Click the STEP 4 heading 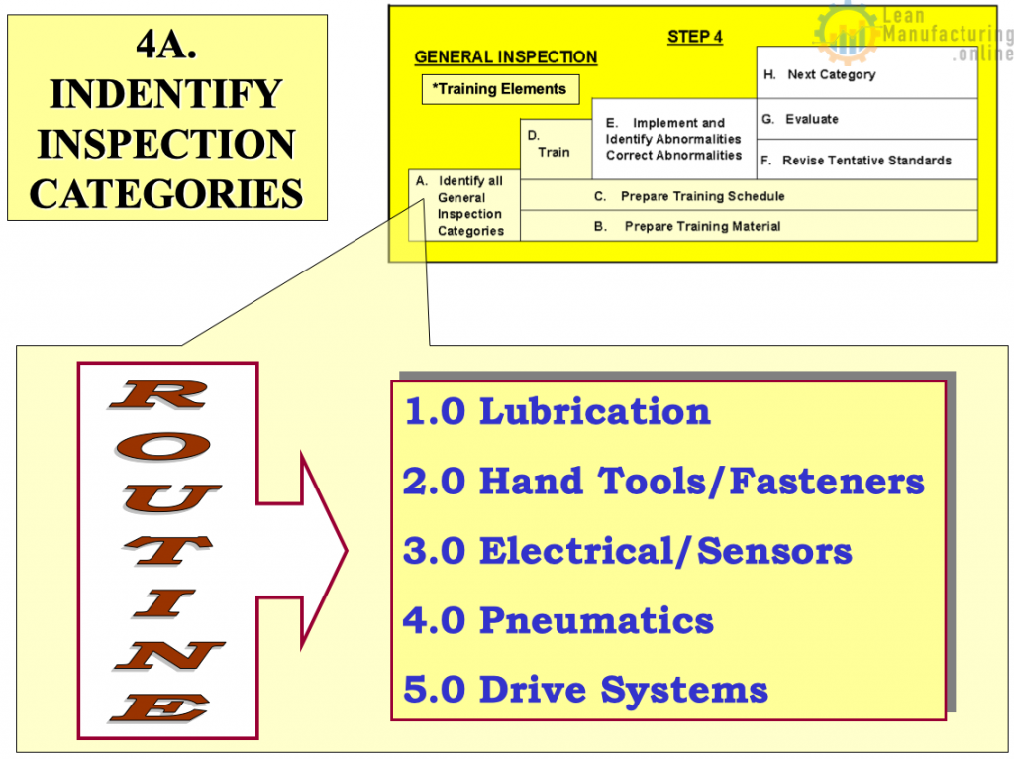point(694,37)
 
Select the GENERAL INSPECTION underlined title point(506,57)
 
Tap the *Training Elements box point(500,89)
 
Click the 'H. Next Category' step point(866,72)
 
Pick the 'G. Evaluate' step point(866,119)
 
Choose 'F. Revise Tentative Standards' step point(866,160)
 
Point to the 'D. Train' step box point(557,149)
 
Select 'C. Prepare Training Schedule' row point(749,195)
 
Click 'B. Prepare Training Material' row point(749,226)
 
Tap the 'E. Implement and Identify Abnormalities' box point(673,139)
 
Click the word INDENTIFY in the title point(166,94)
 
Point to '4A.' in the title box point(166,45)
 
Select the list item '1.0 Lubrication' point(557,412)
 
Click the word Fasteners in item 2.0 point(827,483)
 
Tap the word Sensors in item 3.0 point(774,551)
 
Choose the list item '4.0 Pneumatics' point(558,620)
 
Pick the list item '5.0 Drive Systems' point(585,691)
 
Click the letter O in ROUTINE point(163,447)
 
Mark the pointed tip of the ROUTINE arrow point(348,551)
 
